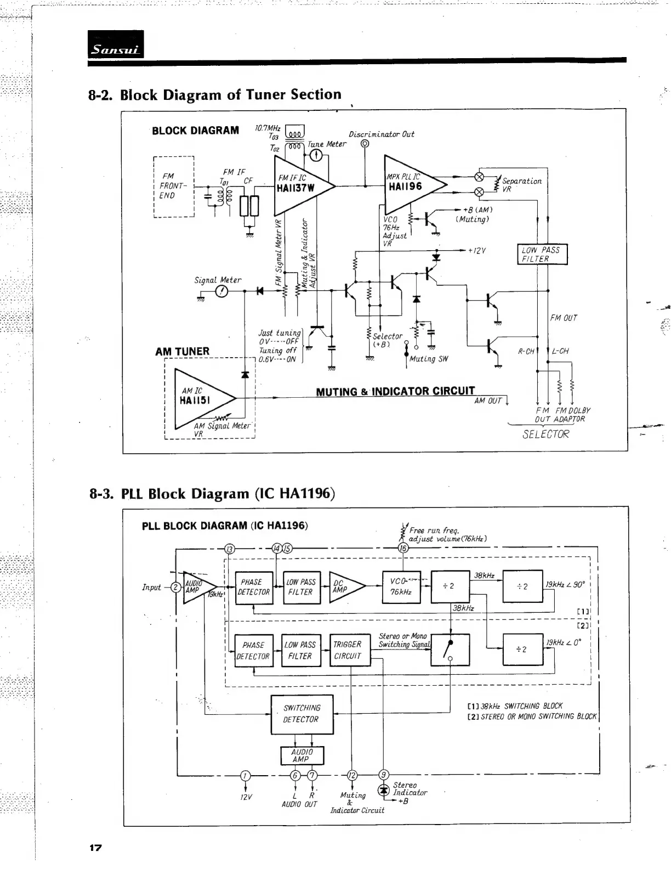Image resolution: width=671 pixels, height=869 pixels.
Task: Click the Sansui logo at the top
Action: [x=116, y=44]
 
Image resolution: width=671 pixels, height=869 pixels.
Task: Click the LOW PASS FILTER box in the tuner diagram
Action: [x=542, y=254]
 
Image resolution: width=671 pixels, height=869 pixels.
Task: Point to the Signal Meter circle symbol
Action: [x=221, y=291]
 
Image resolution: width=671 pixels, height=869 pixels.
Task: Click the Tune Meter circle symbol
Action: [x=316, y=156]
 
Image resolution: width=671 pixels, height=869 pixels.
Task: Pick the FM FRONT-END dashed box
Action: [x=174, y=187]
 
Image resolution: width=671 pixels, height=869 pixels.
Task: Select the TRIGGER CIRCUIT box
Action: [x=348, y=650]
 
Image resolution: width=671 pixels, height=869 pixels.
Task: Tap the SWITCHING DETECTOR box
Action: [x=302, y=714]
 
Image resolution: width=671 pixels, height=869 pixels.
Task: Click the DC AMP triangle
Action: [x=344, y=587]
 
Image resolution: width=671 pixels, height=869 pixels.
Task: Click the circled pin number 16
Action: [x=403, y=548]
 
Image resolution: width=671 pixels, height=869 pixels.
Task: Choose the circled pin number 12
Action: [x=351, y=775]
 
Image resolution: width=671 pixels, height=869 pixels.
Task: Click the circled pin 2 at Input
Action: [x=176, y=587]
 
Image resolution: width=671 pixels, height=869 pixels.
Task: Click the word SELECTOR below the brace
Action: [x=545, y=434]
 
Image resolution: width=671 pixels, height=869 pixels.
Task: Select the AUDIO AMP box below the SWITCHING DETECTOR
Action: [x=302, y=755]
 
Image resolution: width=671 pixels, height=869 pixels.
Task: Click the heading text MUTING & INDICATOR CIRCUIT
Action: [x=395, y=391]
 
